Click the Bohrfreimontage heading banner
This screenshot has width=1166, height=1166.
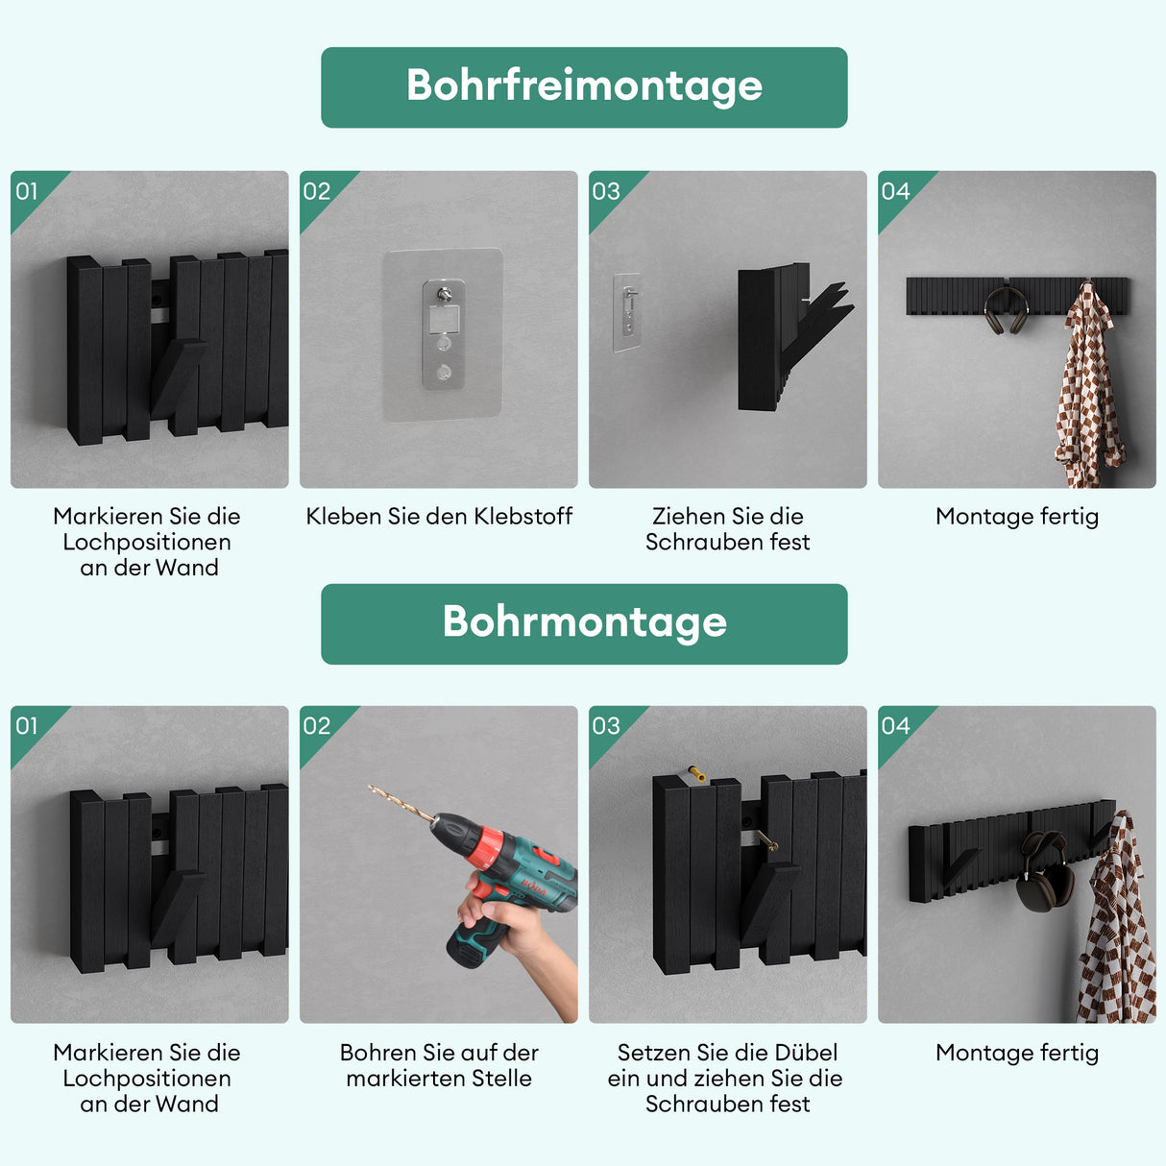coord(584,87)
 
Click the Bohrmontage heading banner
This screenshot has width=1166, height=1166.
coord(584,623)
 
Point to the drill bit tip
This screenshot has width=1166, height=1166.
coord(372,789)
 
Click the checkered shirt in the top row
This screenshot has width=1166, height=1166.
coord(1089,389)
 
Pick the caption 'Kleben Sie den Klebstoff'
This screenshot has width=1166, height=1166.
coord(439,517)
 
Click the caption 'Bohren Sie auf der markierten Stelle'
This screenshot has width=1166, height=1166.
coord(439,1065)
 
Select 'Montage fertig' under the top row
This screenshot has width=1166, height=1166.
coord(1016,517)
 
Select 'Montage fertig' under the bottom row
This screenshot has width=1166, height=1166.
coord(1016,1053)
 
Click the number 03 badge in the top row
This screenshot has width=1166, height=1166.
coord(606,191)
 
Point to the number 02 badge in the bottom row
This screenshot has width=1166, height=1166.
coord(317,726)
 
